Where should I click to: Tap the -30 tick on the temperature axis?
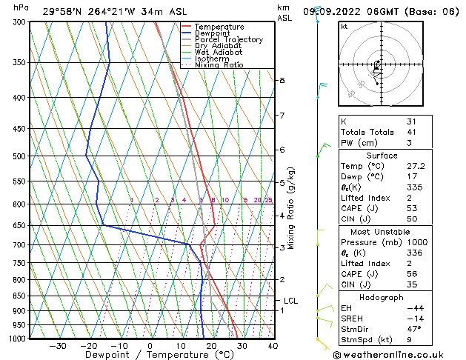(58, 345)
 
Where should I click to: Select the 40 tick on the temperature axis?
(273, 345)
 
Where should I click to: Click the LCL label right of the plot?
(290, 301)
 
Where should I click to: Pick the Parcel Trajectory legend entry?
(228, 40)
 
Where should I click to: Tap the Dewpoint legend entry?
(213, 33)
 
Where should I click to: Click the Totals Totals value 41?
(411, 132)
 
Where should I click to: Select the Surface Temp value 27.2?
(415, 167)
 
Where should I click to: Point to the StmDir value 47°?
(414, 329)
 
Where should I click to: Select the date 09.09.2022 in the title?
(350, 11)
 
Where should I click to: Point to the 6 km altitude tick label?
(282, 150)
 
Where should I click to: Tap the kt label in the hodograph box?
(344, 27)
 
